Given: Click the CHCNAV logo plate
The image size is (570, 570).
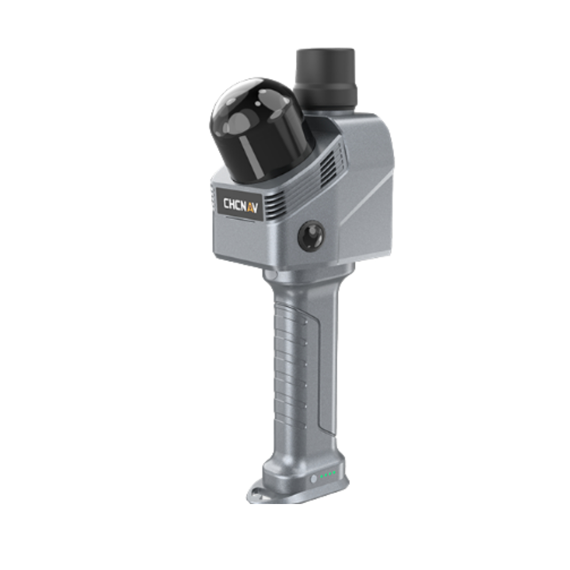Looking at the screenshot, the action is point(240,205).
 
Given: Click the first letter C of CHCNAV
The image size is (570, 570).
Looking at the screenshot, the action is point(226,203).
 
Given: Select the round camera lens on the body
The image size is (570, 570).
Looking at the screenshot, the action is point(311,235).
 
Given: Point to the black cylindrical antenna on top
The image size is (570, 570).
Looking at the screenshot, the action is point(325,78).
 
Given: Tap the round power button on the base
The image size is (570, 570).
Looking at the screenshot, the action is point(314,479).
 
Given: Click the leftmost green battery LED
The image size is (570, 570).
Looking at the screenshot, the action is point(322,476).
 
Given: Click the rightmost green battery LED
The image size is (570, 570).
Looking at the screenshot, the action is point(334,472).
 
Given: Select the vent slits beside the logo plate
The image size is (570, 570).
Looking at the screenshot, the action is point(274,204).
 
